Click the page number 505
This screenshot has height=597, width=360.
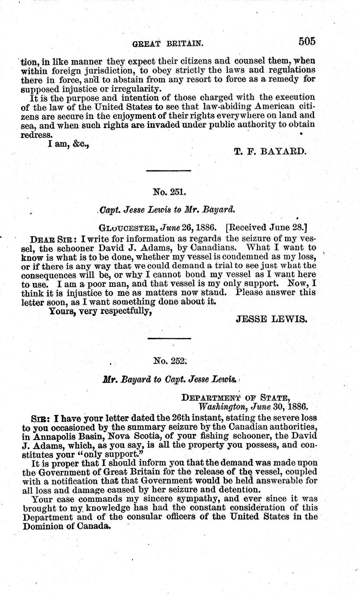307,42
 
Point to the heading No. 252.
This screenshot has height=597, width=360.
169,360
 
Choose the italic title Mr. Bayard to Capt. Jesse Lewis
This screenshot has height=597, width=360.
170,379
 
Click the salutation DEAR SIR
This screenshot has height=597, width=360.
45,238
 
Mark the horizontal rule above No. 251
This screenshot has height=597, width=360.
169,171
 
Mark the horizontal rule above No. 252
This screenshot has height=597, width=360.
169,338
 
